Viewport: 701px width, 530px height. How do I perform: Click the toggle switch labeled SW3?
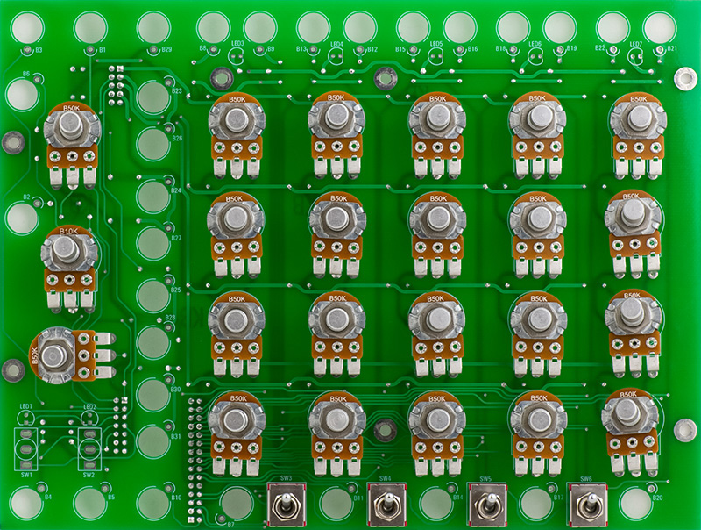click(x=286, y=506)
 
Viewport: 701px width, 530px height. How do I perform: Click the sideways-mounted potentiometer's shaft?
click(x=54, y=355)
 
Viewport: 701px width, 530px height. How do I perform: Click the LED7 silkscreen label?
click(x=636, y=43)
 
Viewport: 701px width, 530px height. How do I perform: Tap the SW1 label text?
click(x=26, y=474)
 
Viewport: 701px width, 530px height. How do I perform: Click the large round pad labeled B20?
click(x=634, y=502)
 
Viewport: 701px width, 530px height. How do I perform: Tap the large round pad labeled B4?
click(x=26, y=502)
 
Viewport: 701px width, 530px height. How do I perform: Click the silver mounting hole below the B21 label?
click(x=680, y=78)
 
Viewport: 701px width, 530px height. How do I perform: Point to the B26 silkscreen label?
click(x=177, y=138)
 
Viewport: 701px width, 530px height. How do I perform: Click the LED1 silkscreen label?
click(x=25, y=407)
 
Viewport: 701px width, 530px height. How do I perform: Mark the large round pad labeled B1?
click(x=90, y=27)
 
